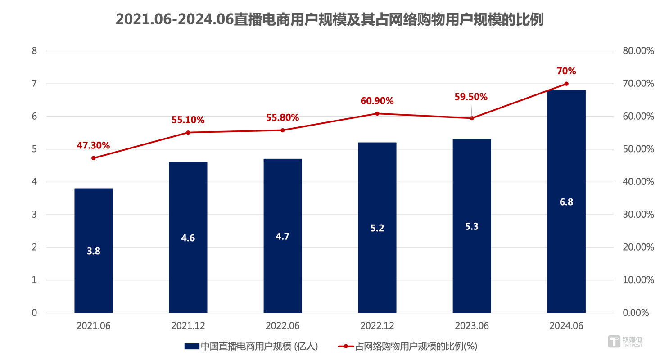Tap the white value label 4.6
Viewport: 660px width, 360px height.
pyautogui.click(x=188, y=238)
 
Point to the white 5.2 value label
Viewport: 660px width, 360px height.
pyautogui.click(x=377, y=228)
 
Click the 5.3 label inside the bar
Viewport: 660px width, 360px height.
pyautogui.click(x=472, y=226)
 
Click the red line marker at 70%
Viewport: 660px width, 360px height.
pyautogui.click(x=566, y=84)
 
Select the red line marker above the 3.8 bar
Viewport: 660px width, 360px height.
pyautogui.click(x=93, y=158)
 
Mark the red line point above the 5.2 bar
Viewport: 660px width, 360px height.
pyautogui.click(x=377, y=113)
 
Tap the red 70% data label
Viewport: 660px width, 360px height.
pyautogui.click(x=566, y=71)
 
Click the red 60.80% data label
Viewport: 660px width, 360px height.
pyautogui.click(x=377, y=100)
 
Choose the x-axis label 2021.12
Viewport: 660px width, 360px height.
pyautogui.click(x=188, y=325)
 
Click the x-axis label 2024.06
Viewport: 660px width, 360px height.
pyautogui.click(x=566, y=325)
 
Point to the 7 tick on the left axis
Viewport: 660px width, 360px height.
pyautogui.click(x=34, y=84)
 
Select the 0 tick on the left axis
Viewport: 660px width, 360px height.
pyautogui.click(x=34, y=313)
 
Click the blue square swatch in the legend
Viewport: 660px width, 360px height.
pyautogui.click(x=191, y=346)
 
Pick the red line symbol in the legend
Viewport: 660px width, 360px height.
pyautogui.click(x=345, y=346)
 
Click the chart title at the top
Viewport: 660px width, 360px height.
pyautogui.click(x=330, y=20)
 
